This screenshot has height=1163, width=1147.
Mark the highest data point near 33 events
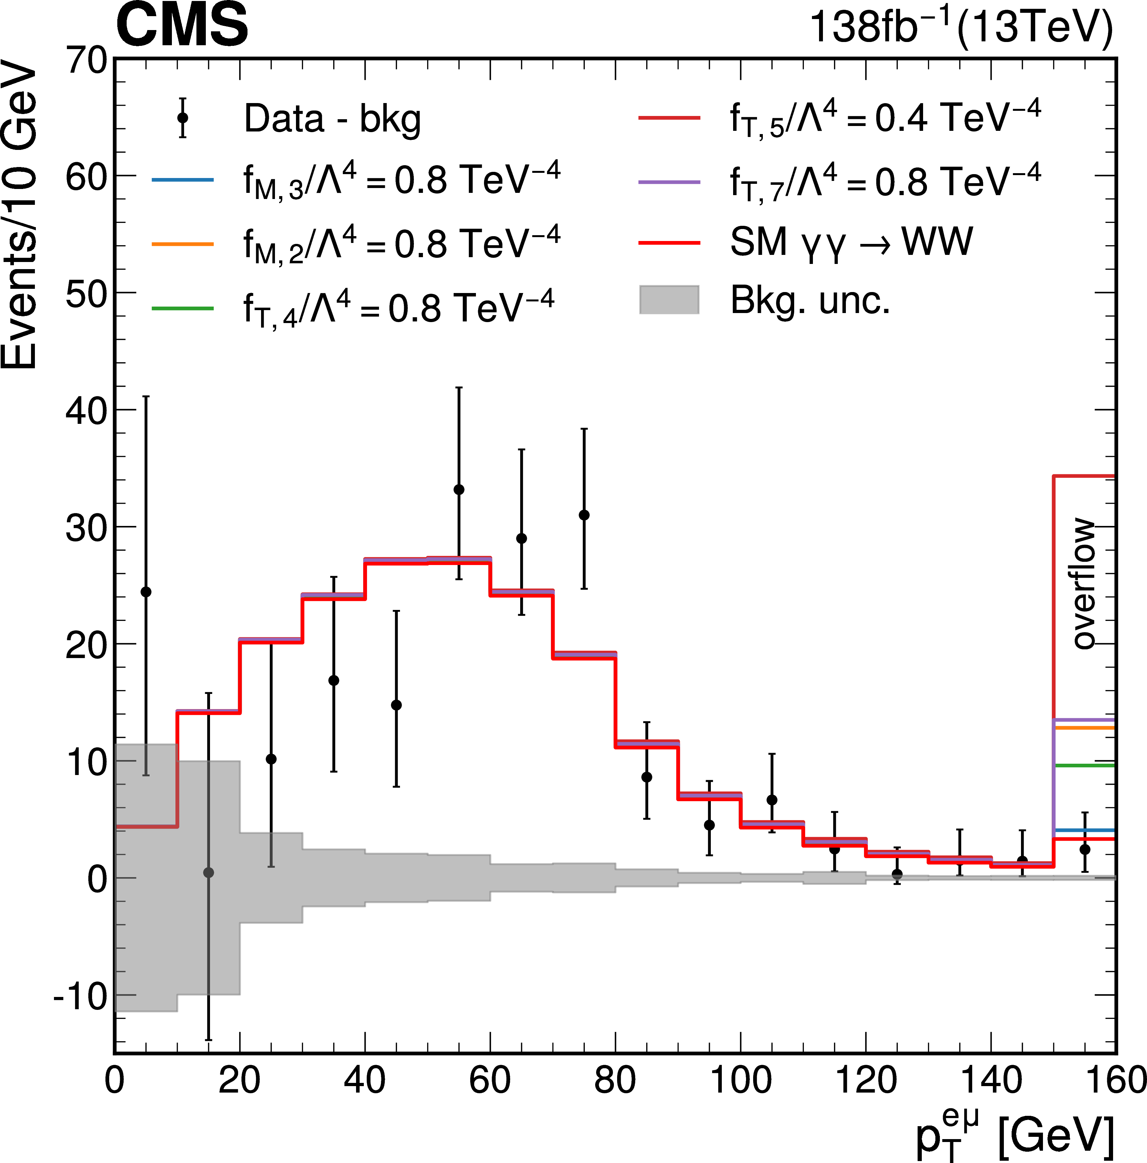(x=459, y=489)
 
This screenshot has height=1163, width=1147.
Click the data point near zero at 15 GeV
(x=208, y=872)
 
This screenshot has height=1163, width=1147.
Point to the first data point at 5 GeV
(x=146, y=592)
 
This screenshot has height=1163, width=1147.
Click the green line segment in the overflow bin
(x=1084, y=765)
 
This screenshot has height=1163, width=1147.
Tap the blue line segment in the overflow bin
(x=1084, y=830)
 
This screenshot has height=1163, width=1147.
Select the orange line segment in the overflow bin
(x=1084, y=728)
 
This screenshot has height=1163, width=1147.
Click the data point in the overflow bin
(x=1084, y=849)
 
